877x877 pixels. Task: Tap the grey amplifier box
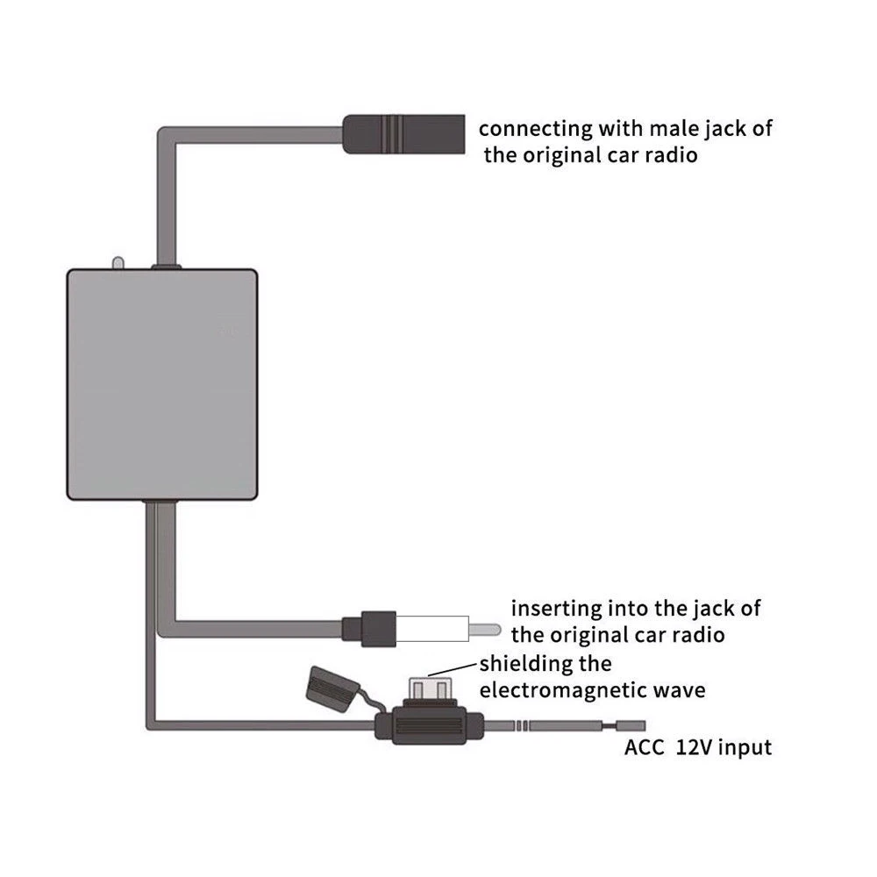[x=162, y=384]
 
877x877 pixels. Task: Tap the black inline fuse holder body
[x=428, y=726]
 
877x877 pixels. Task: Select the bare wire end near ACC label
[x=630, y=726]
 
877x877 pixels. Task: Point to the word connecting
[x=536, y=129]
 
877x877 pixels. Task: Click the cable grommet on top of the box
[x=166, y=267]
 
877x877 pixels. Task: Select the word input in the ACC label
[x=745, y=749]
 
